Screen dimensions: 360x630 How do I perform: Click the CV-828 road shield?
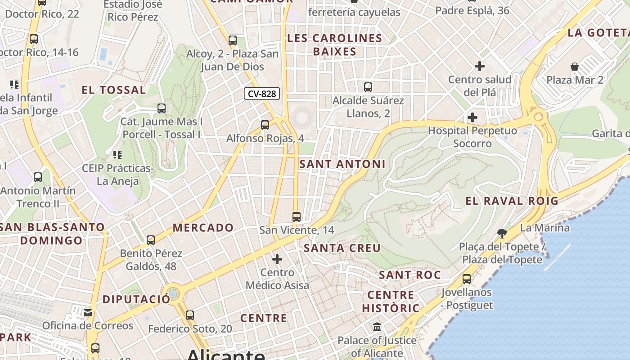pos(262,94)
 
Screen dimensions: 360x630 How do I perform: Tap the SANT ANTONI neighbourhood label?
pos(342,164)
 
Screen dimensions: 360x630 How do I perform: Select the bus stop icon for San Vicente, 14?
pos(296,217)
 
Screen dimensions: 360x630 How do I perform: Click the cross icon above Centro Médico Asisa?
pos(277,259)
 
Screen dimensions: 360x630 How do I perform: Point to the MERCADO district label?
pos(203,228)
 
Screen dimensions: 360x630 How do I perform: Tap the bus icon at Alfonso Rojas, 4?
pos(265,125)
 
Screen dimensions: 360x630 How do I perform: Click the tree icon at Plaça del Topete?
pos(502,233)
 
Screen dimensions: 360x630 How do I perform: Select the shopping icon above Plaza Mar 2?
pos(575,67)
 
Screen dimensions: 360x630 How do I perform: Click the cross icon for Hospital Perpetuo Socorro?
pos(472,118)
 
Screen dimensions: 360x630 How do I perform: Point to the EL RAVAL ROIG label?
pos(512,201)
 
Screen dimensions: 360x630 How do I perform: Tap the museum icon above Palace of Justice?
pos(377,327)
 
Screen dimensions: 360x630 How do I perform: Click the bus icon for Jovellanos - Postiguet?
pos(467,279)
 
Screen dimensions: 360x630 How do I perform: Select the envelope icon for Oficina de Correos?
pos(88,312)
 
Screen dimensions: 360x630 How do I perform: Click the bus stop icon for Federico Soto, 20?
pos(190,315)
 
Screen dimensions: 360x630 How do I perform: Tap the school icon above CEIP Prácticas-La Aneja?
pos(117,155)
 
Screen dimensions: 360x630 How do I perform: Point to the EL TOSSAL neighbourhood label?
pos(113,90)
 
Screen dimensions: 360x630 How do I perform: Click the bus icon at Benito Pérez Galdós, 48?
pos(151,240)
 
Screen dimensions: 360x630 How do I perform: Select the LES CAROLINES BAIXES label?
pos(334,45)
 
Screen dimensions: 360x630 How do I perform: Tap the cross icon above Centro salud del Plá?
pos(480,67)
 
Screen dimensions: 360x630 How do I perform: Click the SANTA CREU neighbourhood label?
pos(342,248)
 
